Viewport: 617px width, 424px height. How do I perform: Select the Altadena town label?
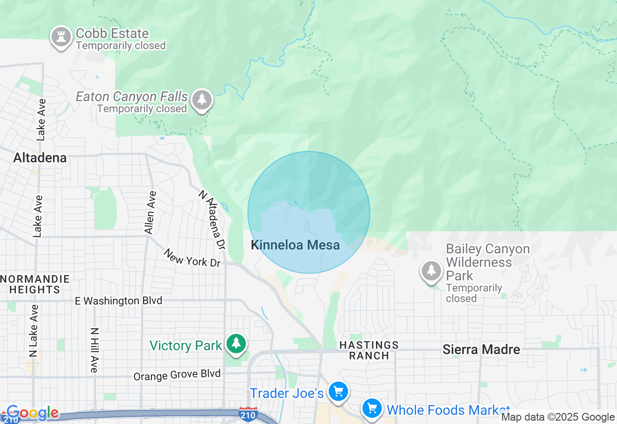[x=40, y=158]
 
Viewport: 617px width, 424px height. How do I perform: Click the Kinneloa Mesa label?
[x=295, y=245]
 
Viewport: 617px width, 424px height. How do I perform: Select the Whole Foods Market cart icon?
[x=372, y=409]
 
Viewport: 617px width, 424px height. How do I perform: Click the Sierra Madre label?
[x=481, y=350]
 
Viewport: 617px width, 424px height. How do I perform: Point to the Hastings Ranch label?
[x=369, y=350]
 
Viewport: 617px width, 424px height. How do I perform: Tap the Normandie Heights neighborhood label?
[x=35, y=284]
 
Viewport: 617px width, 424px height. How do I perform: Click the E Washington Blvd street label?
[x=119, y=301]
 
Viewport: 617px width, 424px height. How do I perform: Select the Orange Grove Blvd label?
[x=177, y=374]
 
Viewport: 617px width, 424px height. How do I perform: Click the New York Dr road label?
[x=192, y=258]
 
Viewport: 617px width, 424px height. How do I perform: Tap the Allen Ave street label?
[x=151, y=212]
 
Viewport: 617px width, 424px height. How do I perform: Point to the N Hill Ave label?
[x=94, y=350]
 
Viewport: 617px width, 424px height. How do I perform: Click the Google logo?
[x=32, y=413]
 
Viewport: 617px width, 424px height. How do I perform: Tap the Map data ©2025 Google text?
[x=558, y=417]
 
